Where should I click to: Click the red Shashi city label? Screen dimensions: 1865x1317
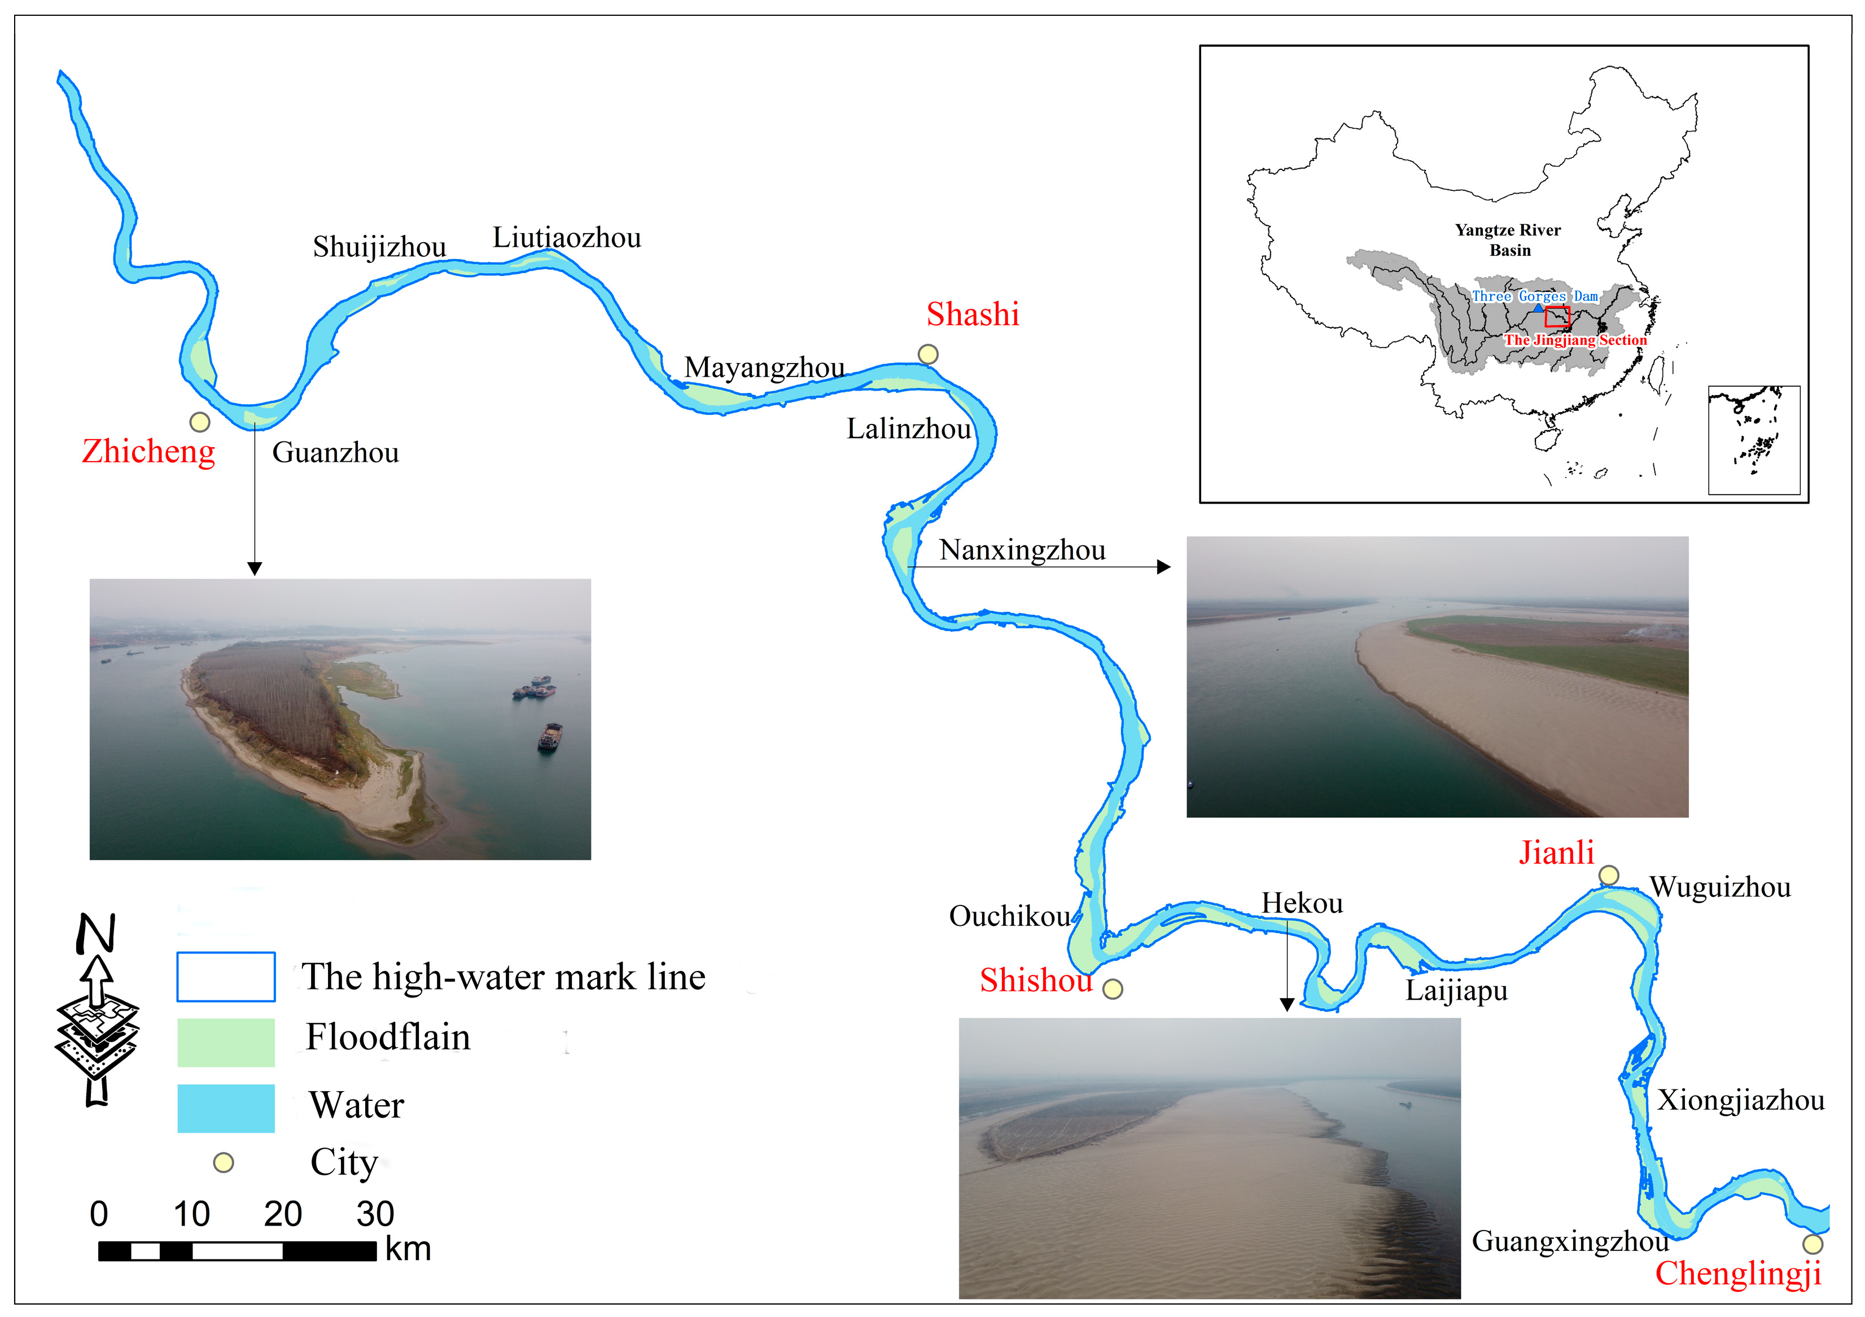(x=973, y=314)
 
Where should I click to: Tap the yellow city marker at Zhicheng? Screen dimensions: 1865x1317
(x=200, y=422)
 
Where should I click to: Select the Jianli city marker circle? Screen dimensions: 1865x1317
(x=1608, y=875)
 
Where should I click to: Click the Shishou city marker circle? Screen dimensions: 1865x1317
(x=1113, y=989)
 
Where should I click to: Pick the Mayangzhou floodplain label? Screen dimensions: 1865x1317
(x=764, y=367)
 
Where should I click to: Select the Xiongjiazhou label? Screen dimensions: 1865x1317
(x=1740, y=1100)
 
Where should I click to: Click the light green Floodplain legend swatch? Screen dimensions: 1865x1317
(x=226, y=1043)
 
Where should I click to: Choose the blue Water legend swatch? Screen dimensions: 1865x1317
(x=226, y=1108)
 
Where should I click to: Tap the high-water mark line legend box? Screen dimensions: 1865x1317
(x=226, y=977)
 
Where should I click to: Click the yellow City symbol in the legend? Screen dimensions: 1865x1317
(x=224, y=1163)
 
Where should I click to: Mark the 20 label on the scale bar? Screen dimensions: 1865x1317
(x=283, y=1214)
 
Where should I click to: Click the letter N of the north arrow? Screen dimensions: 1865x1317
(x=96, y=934)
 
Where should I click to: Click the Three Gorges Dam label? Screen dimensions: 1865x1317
(x=1534, y=296)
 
